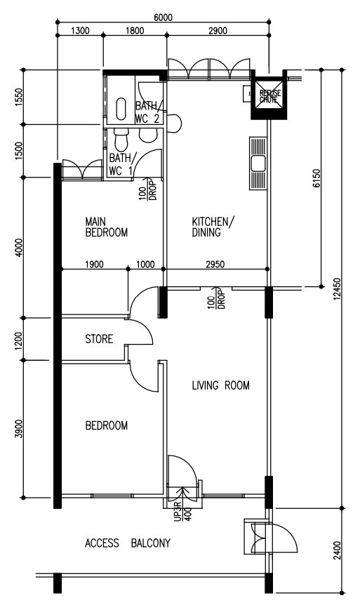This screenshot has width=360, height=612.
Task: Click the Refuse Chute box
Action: [x=269, y=95]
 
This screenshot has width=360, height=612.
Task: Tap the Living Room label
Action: [x=220, y=385]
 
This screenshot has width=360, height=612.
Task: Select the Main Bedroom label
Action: [x=106, y=227]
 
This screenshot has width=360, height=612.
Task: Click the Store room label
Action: [x=99, y=339]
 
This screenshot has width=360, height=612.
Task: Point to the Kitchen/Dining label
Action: [x=213, y=227]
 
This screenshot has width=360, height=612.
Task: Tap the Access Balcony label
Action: [x=128, y=543]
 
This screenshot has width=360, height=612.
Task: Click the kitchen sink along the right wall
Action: [x=258, y=163]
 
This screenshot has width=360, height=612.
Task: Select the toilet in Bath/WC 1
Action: [x=121, y=141]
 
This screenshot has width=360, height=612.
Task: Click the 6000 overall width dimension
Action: [x=163, y=18]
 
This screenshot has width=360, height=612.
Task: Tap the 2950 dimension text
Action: [x=215, y=265]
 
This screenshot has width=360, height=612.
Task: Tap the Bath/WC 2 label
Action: [x=147, y=112]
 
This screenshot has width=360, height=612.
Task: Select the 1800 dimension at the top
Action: [x=135, y=31]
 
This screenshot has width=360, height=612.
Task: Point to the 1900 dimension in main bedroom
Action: [x=95, y=265]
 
